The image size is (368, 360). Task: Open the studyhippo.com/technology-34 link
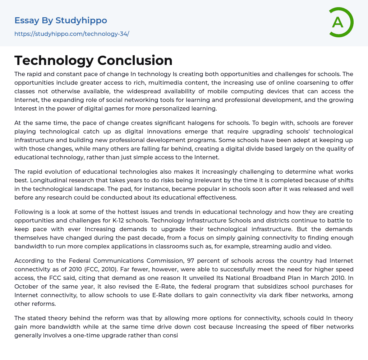tap(72, 34)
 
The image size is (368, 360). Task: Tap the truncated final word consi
tap(171, 335)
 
